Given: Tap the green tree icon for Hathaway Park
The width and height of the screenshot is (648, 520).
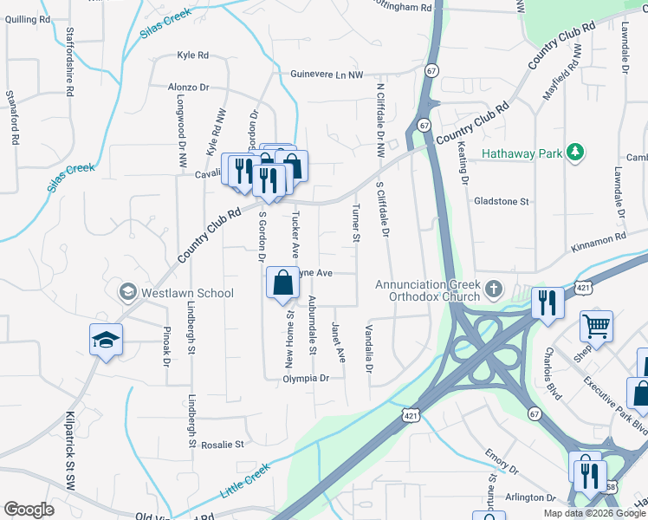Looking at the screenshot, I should point(573,153).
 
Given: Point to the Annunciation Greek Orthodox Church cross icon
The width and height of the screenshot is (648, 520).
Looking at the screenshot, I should point(493,287).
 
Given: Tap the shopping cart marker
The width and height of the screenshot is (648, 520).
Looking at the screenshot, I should point(596,327).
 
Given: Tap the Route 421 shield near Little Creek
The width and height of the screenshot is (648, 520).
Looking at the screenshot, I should point(412,416).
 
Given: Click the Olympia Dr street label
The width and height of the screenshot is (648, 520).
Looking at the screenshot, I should point(308,379).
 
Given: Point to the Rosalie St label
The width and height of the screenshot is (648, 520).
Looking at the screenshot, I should point(223,445).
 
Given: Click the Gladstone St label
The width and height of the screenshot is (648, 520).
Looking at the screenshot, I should point(501,201).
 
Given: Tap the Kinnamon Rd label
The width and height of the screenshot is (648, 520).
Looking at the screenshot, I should point(598,238).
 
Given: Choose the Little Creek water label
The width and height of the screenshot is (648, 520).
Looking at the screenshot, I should point(246,479).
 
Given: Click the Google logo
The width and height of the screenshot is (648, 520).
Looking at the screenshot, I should point(29,510).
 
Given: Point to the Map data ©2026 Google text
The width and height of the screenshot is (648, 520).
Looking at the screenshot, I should point(593,513).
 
